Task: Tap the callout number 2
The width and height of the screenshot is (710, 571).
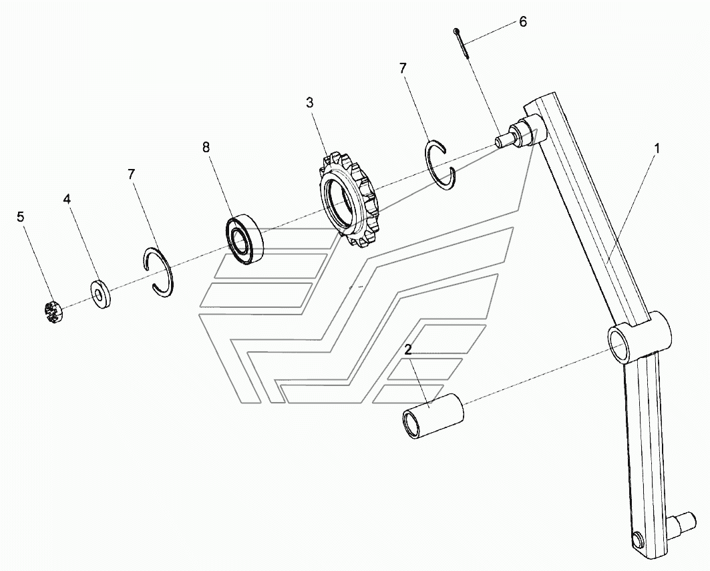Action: click(407, 349)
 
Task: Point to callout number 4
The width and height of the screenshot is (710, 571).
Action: click(67, 199)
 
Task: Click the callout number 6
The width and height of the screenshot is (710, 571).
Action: click(523, 21)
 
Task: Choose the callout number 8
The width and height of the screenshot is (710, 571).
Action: click(206, 147)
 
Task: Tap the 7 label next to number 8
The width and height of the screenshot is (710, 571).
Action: click(132, 174)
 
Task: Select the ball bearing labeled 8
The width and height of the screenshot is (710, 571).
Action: click(245, 238)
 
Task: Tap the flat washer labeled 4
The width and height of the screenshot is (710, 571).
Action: click(101, 294)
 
